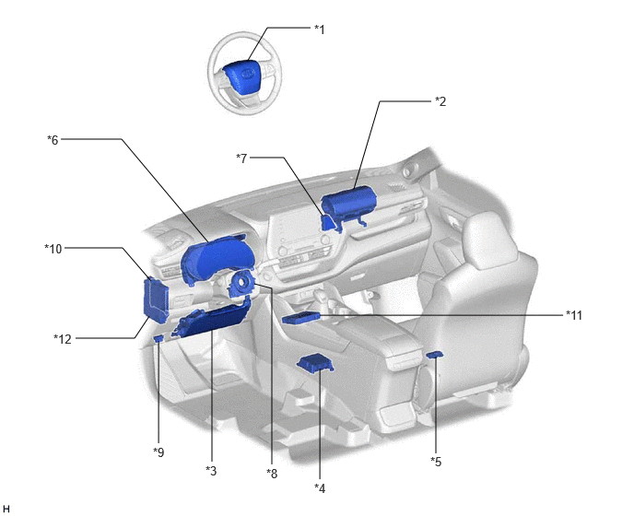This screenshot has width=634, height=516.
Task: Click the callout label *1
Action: tap(320, 29)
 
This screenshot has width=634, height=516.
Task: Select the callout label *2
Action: tap(440, 101)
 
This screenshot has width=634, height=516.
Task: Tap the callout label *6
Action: tap(53, 140)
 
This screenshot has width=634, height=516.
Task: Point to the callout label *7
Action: tap(241, 158)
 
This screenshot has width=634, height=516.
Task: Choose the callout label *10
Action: tap(53, 249)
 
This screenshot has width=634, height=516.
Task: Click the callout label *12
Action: tap(63, 339)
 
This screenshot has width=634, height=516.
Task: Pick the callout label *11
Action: tap(574, 315)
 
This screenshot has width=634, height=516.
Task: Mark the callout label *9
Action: tap(158, 452)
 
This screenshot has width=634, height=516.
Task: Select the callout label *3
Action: tap(211, 470)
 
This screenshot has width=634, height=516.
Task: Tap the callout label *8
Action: tap(272, 474)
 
